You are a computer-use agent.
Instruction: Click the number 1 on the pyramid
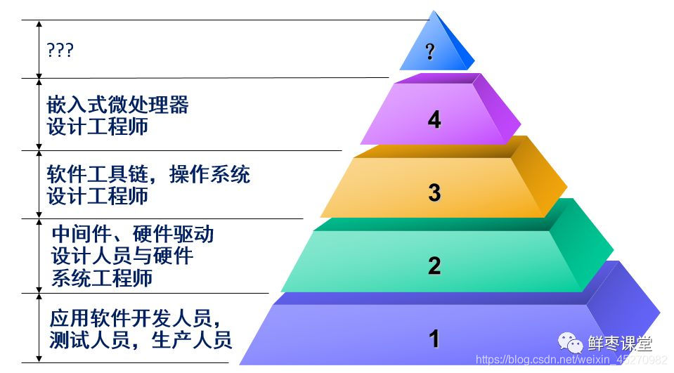(434, 339)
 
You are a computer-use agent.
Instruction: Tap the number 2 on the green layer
(434, 266)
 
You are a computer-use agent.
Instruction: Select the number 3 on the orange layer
(434, 192)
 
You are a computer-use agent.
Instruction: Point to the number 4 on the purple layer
(434, 119)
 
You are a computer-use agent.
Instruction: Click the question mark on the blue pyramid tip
(430, 51)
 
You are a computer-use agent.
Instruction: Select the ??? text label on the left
(60, 51)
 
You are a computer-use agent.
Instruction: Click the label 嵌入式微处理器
(118, 105)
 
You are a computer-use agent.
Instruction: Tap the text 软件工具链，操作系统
(148, 174)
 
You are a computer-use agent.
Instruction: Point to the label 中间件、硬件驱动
(133, 233)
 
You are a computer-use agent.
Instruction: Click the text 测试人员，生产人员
(141, 341)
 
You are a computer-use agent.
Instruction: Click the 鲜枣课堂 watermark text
(620, 343)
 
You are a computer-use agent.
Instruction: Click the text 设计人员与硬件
(122, 256)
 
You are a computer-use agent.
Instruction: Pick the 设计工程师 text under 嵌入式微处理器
(98, 127)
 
